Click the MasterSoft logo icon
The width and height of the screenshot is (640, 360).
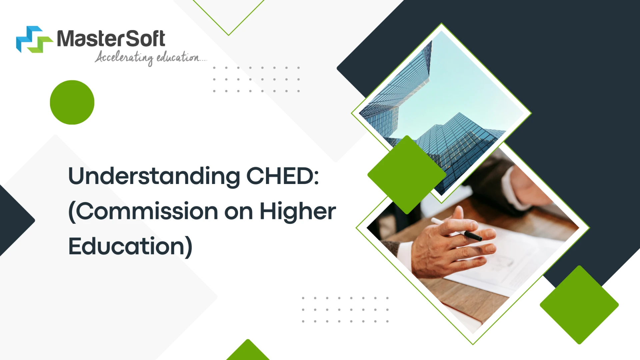34,39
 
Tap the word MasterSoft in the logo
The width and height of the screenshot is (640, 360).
111,39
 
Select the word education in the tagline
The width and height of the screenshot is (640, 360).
178,57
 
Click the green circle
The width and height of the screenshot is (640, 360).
72,102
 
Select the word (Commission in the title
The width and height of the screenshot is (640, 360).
143,211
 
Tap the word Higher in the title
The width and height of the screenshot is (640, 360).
298,211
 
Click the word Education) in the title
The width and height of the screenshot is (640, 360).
130,246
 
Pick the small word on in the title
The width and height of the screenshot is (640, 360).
238,212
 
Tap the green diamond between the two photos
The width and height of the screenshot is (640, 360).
407,174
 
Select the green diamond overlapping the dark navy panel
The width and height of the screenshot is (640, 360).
579,305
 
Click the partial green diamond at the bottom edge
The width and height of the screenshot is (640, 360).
248,351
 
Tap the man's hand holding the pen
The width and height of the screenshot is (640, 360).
447,247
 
